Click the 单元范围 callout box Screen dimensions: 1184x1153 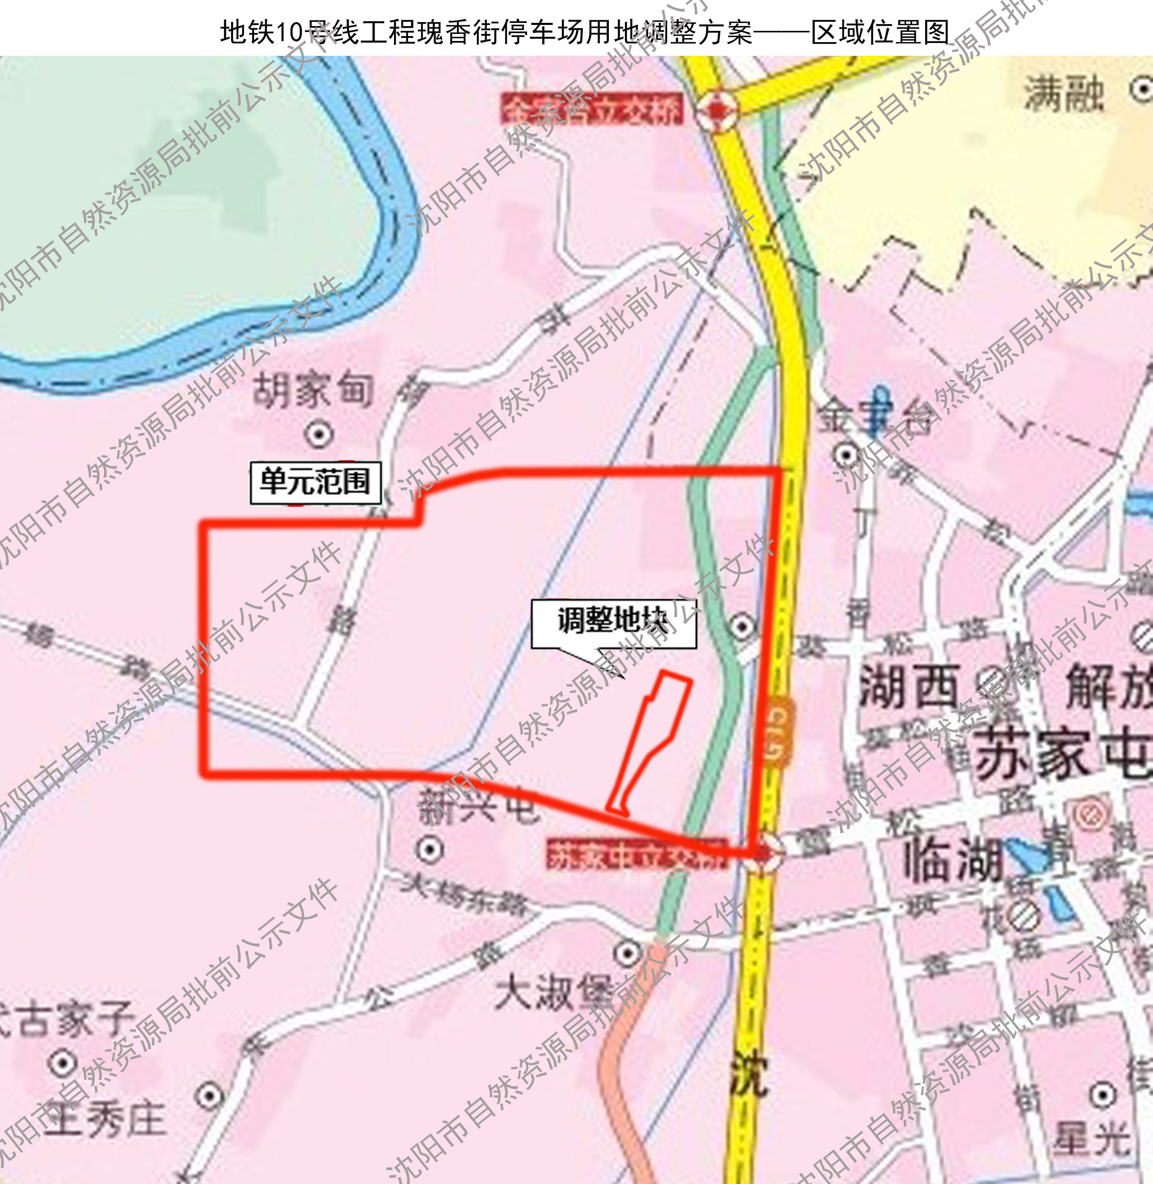pos(315,483)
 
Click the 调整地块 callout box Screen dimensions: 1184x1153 pos(613,623)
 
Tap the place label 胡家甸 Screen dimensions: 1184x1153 pos(313,389)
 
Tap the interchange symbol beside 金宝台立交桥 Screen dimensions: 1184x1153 pos(717,110)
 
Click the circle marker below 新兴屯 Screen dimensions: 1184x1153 pos(429,849)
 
